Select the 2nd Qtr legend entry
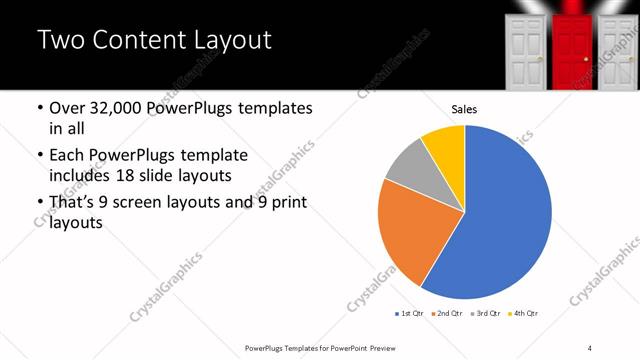click(447, 314)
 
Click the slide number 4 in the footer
click(590, 348)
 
